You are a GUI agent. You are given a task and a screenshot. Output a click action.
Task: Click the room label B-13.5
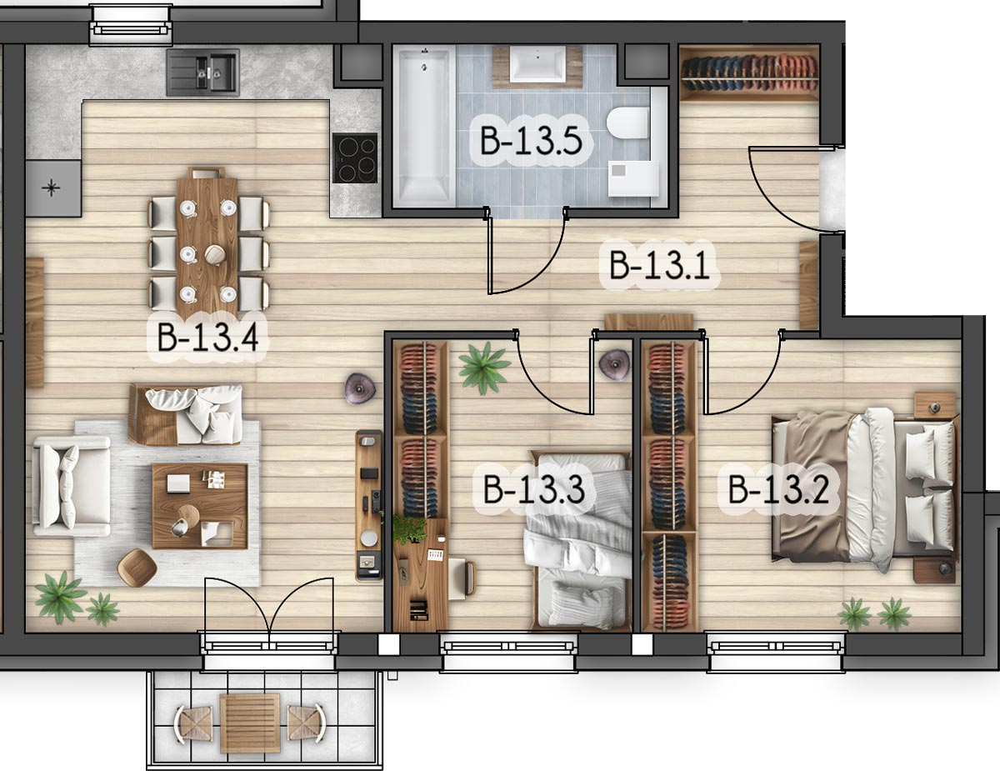[x=531, y=140]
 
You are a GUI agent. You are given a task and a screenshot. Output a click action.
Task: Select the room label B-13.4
[x=207, y=337]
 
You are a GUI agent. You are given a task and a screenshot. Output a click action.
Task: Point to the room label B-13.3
[x=534, y=489]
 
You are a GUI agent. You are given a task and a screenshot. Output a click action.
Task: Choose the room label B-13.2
[x=778, y=489]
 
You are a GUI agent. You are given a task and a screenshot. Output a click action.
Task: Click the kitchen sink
[x=203, y=73]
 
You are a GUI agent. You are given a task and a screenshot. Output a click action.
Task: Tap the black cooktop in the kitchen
[x=355, y=158]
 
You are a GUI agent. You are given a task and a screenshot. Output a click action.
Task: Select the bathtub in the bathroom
[x=424, y=128]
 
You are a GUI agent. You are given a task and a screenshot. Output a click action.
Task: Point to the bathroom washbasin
[x=537, y=64]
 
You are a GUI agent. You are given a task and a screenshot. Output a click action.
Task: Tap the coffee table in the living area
[x=200, y=506]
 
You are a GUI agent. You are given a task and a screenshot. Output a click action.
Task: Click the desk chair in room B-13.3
[x=462, y=578]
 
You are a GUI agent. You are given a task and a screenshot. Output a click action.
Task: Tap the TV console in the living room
[x=369, y=505]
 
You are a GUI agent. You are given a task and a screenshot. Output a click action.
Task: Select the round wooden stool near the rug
[x=137, y=568]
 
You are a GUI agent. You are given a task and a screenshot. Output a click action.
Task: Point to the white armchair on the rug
[x=72, y=486]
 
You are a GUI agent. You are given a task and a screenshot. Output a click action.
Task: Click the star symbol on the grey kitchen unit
[x=51, y=188]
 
